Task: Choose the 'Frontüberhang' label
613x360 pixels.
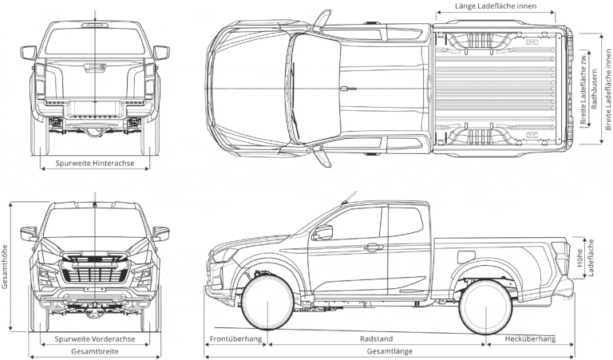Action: [x=235, y=339]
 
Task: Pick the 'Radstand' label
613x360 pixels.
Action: [x=376, y=339]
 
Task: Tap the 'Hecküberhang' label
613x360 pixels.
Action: [x=531, y=339]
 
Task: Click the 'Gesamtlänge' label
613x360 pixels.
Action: [x=390, y=351]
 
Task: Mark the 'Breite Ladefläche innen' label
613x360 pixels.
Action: [x=607, y=88]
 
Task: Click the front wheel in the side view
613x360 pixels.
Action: [x=267, y=303]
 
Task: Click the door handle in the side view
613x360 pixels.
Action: [x=374, y=247]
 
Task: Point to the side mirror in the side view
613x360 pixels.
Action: [x=322, y=232]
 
